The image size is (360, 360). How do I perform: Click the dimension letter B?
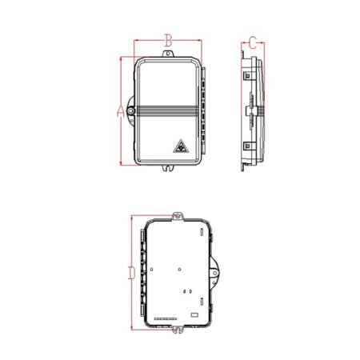168,38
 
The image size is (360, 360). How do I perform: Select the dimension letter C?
253,42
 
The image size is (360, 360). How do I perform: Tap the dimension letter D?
131,272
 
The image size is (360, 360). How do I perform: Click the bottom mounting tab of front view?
168,167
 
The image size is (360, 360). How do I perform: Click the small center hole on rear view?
183,268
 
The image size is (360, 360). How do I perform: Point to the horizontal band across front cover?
168,110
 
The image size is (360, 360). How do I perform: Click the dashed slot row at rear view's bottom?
165,319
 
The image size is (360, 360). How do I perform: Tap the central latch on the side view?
250,110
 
